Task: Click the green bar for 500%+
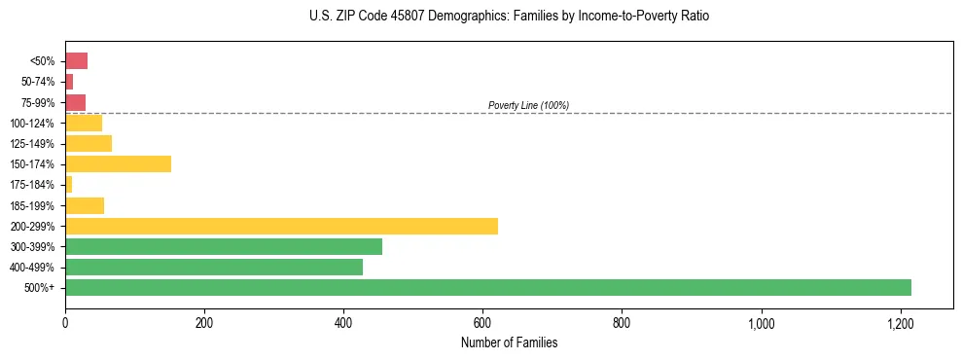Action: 487,287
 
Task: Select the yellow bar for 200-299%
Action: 281,226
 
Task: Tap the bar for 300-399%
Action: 224,246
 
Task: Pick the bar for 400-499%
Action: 214,267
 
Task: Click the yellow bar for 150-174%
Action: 118,163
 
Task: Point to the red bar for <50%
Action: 76,60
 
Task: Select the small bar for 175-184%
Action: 69,184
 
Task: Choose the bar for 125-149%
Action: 89,143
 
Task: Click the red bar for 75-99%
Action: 75,102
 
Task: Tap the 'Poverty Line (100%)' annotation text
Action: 528,105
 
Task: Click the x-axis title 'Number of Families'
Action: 509,342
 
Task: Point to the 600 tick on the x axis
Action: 482,322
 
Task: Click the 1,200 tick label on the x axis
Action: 900,322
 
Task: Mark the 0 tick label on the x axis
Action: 65,322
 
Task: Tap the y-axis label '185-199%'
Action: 33,205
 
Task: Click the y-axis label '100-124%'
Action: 33,123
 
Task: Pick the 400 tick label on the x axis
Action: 343,322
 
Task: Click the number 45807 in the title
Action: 394,17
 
